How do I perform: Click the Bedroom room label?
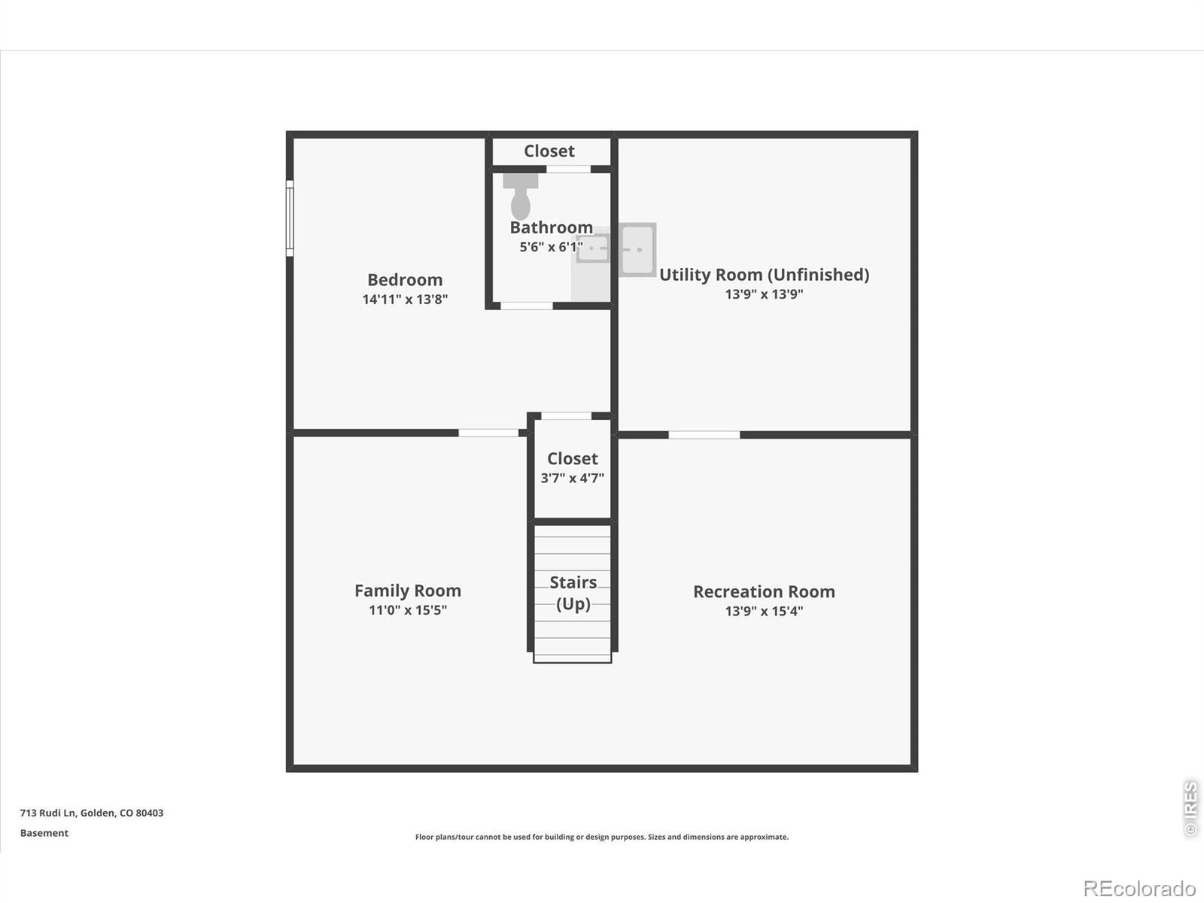[405, 280]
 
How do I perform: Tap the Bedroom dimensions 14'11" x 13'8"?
[405, 299]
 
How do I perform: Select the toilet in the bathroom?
[521, 196]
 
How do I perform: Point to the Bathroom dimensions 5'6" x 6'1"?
[552, 247]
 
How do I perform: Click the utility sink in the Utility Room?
[637, 250]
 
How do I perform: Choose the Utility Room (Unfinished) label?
[764, 275]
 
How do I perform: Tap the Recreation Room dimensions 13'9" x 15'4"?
[764, 611]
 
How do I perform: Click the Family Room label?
[408, 591]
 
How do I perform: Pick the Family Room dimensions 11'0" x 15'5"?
[408, 610]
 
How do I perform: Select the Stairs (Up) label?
[573, 593]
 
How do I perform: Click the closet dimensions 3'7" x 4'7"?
[572, 478]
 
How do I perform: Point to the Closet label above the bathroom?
[549, 150]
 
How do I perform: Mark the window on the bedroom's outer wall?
[290, 218]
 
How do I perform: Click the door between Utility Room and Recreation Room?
[704, 435]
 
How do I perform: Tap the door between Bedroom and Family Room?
[488, 433]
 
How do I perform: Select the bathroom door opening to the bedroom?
[527, 306]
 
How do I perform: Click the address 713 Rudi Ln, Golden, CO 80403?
[92, 813]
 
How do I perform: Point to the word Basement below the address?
[44, 833]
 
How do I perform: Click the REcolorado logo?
[1139, 888]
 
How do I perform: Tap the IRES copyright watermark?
[1190, 808]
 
